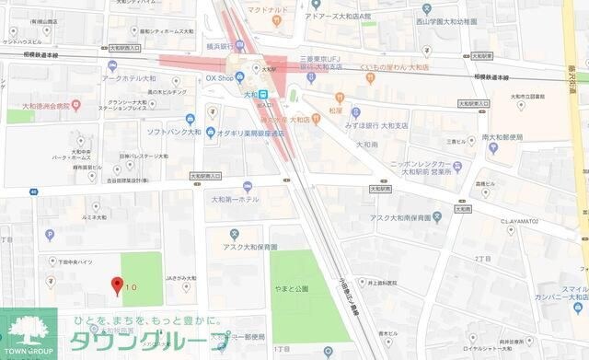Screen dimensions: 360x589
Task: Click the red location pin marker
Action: click(x=116, y=284)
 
